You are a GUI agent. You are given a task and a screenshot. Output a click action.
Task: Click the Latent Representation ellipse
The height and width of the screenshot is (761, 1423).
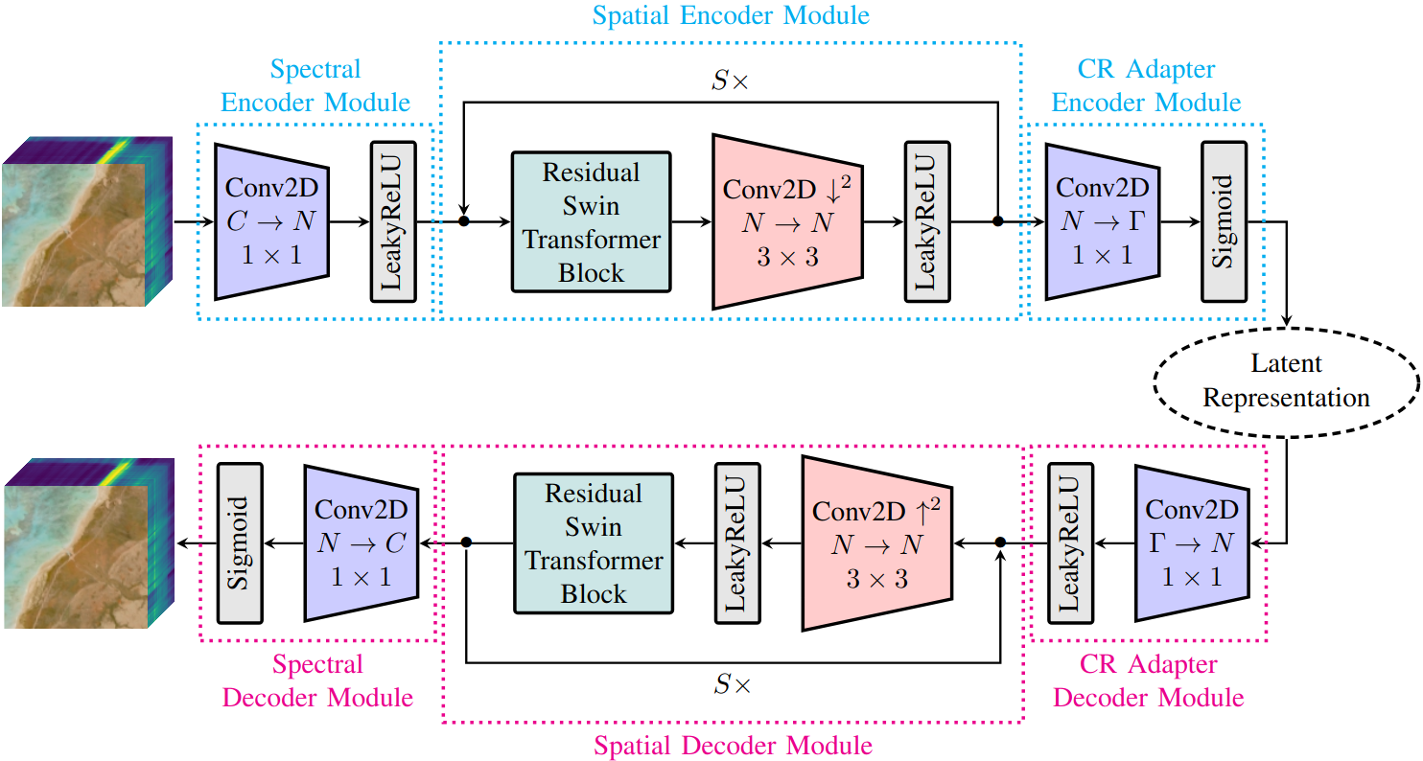pyautogui.click(x=1285, y=380)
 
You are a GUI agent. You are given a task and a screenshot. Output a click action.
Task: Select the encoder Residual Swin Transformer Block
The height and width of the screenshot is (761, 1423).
pyautogui.click(x=591, y=221)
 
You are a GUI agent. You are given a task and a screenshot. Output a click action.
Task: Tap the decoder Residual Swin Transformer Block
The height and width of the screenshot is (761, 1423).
pyautogui.click(x=594, y=543)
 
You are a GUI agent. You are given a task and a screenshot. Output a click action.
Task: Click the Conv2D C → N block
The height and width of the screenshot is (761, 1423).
pyautogui.click(x=272, y=221)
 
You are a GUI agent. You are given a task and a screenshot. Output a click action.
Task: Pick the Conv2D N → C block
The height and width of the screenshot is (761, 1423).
pyautogui.click(x=362, y=543)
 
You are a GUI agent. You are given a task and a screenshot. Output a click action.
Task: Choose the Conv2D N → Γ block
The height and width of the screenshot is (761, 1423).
pyautogui.click(x=1102, y=221)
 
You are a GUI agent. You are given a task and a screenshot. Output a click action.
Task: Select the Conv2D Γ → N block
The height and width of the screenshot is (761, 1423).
pyautogui.click(x=1191, y=543)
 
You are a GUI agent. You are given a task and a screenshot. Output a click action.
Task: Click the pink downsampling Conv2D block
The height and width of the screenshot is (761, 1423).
pyautogui.click(x=787, y=221)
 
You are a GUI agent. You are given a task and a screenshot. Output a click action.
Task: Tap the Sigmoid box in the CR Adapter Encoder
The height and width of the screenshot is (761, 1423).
pyautogui.click(x=1224, y=221)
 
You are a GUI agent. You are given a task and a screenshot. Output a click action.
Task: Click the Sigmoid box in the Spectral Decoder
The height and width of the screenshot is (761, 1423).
pyautogui.click(x=239, y=543)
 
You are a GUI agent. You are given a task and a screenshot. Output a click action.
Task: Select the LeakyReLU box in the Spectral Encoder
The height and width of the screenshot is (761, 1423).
pyautogui.click(x=393, y=221)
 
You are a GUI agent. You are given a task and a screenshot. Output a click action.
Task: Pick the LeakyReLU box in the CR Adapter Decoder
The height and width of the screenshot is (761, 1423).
pyautogui.click(x=1070, y=543)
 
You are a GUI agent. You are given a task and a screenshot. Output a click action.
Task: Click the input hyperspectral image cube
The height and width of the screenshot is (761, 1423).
pyautogui.click(x=86, y=221)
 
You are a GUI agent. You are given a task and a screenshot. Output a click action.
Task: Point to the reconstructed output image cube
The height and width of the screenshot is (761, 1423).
pyautogui.click(x=86, y=543)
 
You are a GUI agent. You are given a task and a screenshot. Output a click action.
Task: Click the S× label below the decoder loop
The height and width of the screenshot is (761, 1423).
pyautogui.click(x=734, y=683)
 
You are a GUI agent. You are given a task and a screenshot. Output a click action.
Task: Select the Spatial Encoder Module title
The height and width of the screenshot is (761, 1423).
pyautogui.click(x=731, y=15)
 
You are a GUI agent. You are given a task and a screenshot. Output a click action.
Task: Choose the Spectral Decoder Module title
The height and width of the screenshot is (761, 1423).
pyautogui.click(x=317, y=680)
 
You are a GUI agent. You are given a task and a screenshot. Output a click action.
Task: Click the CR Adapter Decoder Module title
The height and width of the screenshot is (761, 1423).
pyautogui.click(x=1149, y=680)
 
